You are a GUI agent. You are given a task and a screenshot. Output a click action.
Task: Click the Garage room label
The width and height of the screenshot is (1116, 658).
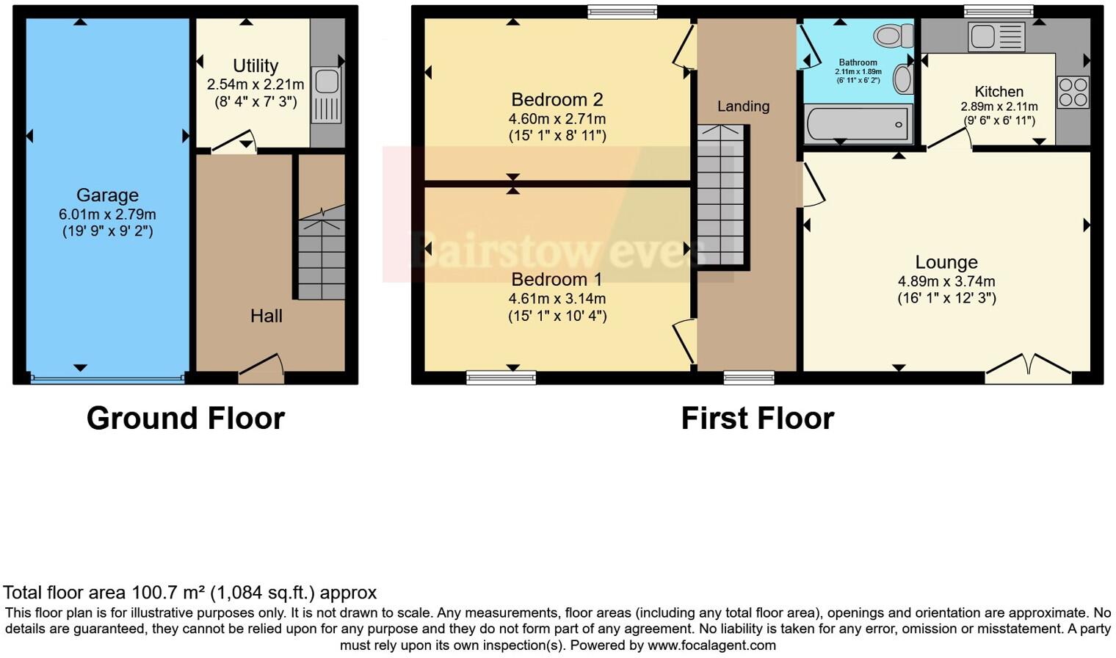[x=107, y=195]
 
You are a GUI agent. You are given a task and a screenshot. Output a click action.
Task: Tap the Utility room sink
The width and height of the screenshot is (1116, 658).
[x=327, y=94]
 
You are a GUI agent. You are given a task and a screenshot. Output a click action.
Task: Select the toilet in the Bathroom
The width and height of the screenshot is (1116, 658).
[x=894, y=35]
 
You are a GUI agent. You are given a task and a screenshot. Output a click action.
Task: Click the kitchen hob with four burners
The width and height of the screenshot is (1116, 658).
[x=1073, y=92]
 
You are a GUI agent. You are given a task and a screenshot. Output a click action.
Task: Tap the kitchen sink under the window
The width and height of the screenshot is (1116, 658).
[x=996, y=37]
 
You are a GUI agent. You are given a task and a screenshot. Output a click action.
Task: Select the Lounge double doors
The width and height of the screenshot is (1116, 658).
[x=1028, y=368]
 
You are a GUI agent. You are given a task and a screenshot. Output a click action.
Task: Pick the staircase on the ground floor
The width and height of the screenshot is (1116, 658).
[x=322, y=253]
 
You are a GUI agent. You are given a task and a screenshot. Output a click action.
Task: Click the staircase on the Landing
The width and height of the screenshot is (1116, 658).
[x=720, y=195]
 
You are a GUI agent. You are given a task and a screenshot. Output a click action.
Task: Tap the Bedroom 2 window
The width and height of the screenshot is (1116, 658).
[x=622, y=11]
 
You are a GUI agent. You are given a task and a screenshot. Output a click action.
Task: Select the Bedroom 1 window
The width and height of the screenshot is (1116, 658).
[x=501, y=377]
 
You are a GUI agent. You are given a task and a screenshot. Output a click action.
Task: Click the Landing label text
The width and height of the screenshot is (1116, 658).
[x=743, y=106]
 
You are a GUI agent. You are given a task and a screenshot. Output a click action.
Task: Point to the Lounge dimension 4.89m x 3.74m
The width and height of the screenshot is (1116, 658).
[x=946, y=281]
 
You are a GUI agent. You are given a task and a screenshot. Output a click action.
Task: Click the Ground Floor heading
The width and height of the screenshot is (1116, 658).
[x=185, y=418]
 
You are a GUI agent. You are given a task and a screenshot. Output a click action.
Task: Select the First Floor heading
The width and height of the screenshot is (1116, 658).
[x=757, y=418]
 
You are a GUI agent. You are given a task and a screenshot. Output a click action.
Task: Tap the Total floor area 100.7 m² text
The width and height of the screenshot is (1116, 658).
[x=189, y=593]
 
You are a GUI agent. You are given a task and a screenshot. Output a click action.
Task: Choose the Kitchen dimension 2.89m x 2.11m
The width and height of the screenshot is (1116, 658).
[x=999, y=106]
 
